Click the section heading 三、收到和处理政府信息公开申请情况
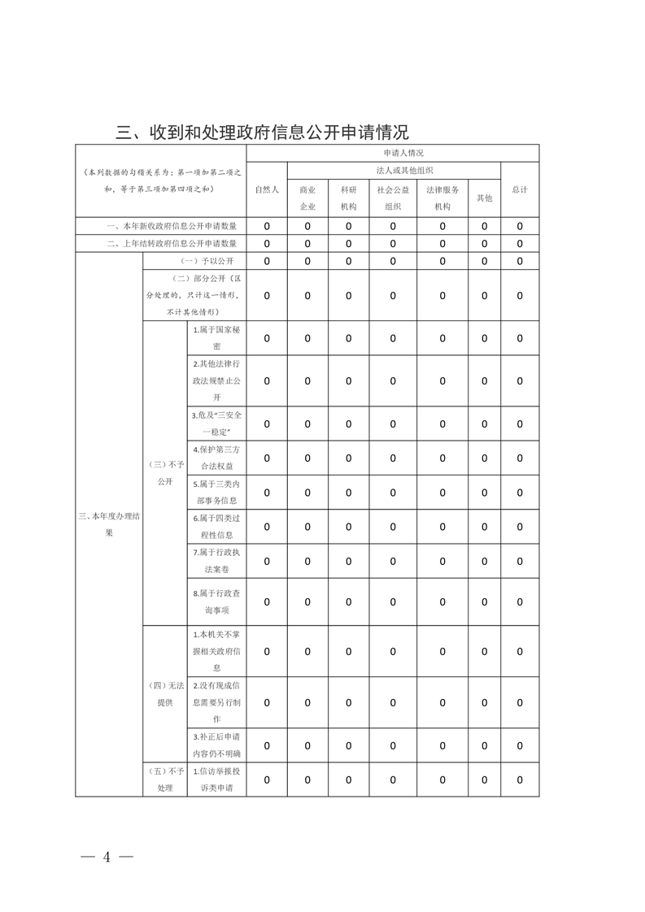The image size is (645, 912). [262, 132]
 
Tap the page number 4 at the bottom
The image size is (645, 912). [107, 858]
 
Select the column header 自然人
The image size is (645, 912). [267, 189]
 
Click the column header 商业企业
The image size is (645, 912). [307, 198]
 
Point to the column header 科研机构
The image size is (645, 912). [348, 198]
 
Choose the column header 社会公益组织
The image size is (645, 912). [392, 198]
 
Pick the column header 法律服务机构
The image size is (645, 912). [442, 198]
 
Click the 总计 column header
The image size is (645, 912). [520, 189]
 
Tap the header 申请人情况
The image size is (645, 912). [392, 153]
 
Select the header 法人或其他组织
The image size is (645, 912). [393, 171]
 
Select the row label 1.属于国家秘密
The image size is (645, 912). [216, 338]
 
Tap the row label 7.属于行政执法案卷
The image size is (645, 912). [216, 561]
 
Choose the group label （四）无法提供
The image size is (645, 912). [165, 694]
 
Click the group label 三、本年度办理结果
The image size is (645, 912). [109, 524]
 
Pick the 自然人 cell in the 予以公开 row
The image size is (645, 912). [267, 261]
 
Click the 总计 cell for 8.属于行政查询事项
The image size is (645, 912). [520, 601]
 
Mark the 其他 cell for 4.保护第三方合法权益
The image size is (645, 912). [484, 458]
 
